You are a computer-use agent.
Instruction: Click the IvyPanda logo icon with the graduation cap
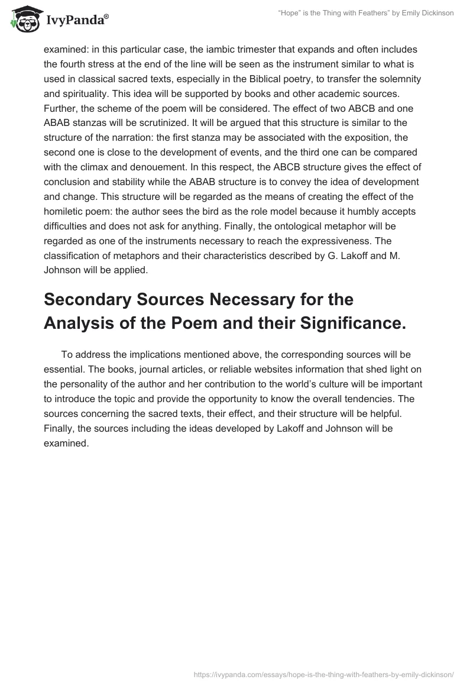(24, 19)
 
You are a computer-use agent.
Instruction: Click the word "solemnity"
(400, 78)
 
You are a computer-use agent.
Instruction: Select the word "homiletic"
(64, 211)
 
